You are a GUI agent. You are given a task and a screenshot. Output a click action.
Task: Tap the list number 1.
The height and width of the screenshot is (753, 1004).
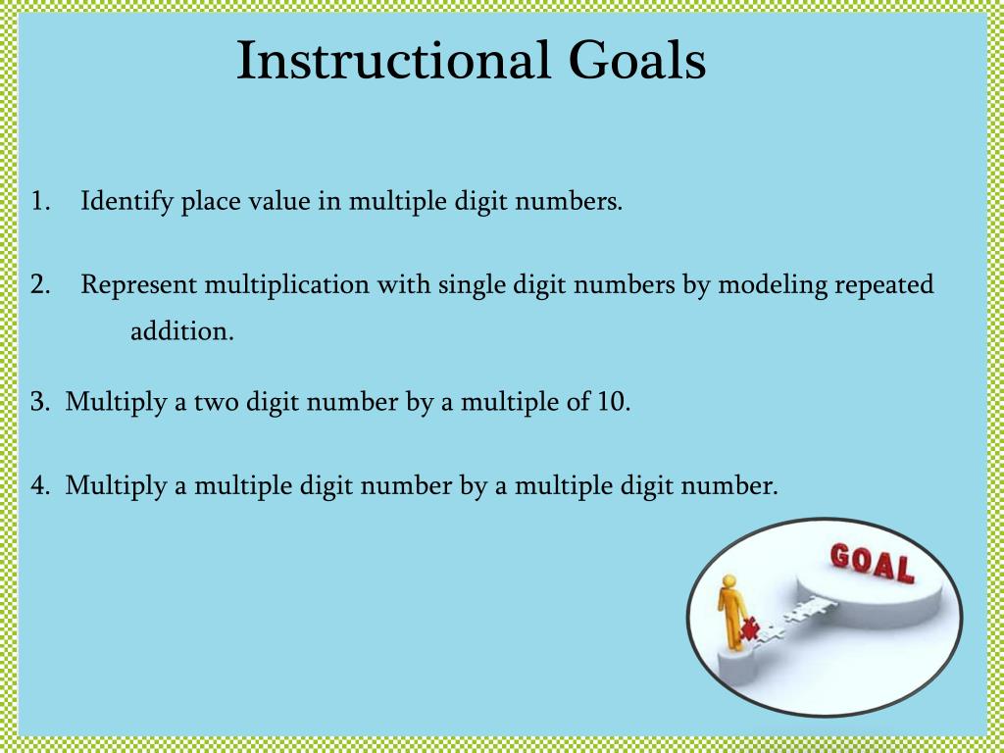pos(39,203)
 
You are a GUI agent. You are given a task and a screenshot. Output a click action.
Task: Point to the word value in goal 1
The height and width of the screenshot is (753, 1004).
pos(277,203)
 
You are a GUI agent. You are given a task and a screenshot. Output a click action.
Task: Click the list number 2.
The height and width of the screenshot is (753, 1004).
pos(39,285)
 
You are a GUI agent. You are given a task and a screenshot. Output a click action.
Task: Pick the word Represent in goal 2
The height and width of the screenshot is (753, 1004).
pos(140,286)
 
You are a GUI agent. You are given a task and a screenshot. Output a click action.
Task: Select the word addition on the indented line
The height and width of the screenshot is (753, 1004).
pos(182,331)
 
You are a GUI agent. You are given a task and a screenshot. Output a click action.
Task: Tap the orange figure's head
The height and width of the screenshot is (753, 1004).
pos(728,581)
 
